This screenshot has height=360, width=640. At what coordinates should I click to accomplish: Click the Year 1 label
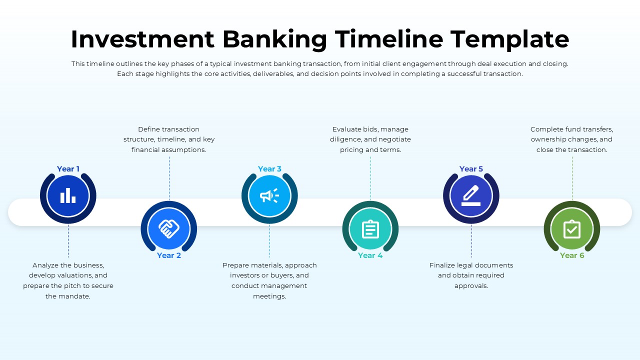[x=68, y=169]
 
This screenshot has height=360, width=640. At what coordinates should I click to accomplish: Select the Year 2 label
[x=169, y=255]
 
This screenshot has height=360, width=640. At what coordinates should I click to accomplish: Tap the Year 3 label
[x=269, y=169]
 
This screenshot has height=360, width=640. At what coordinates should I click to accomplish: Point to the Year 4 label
[x=370, y=255]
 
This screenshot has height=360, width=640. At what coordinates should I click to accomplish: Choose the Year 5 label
[x=471, y=169]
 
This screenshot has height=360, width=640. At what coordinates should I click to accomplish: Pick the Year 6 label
[x=572, y=255]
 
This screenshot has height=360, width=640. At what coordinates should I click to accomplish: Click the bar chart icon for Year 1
[x=68, y=195]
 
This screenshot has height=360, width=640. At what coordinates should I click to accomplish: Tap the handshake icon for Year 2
[x=169, y=229]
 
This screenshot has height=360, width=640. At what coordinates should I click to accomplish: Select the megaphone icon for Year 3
[x=269, y=195]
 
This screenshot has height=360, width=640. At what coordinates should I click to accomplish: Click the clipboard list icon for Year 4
[x=370, y=229]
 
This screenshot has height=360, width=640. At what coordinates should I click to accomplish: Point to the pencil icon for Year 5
[x=471, y=195]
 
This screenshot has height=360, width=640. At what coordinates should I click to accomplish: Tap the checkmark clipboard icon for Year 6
[x=572, y=229]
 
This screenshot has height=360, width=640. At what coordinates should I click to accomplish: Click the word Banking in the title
[x=274, y=39]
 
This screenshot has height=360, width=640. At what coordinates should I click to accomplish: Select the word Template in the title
[x=509, y=39]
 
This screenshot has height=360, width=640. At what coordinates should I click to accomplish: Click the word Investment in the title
[x=142, y=39]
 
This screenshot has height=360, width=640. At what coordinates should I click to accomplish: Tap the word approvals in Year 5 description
[x=471, y=286]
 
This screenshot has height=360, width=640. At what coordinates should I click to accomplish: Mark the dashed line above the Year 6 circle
[x=572, y=177]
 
